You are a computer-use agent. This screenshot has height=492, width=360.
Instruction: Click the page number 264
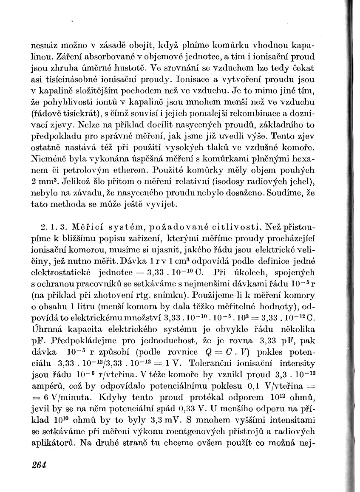[x=38, y=464]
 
